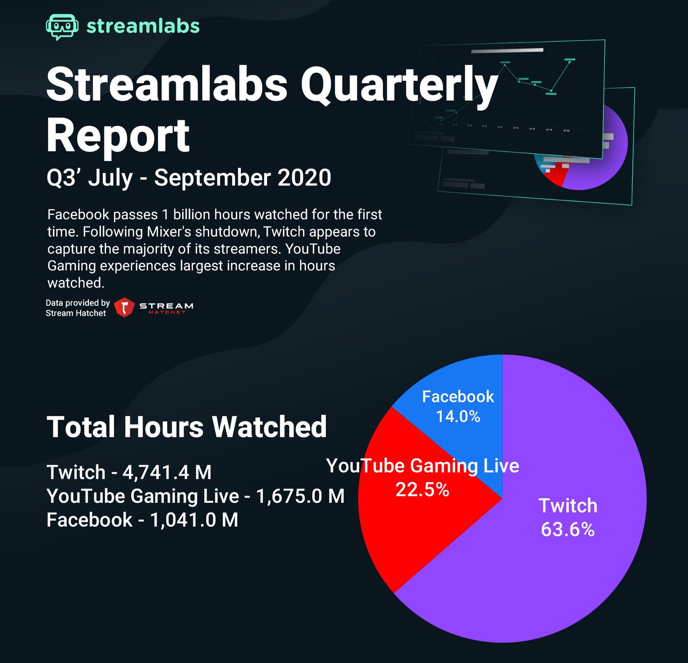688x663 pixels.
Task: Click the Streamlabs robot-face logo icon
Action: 62,27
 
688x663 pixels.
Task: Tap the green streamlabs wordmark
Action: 143,26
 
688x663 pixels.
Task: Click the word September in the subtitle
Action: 212,177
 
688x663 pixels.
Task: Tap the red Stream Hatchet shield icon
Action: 124,307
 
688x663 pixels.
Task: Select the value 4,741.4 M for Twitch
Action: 167,472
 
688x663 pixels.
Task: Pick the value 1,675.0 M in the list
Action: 300,496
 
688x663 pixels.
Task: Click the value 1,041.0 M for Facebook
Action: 194,520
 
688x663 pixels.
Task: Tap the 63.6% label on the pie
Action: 568,529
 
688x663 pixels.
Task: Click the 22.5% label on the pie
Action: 422,490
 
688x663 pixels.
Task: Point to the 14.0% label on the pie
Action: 458,416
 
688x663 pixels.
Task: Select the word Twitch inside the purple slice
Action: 568,506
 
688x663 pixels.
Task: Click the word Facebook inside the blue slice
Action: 458,397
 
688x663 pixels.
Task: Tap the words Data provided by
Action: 78,303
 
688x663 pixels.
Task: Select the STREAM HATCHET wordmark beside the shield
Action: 166,308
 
